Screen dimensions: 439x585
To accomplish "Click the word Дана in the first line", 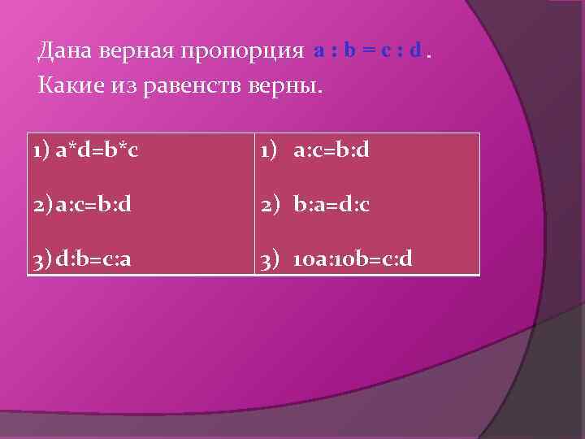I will [x=64, y=52].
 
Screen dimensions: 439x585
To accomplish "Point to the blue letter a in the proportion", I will [x=319, y=52].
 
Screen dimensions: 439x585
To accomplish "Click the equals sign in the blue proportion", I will [x=366, y=52].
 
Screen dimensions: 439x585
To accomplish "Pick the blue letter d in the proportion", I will [x=415, y=52].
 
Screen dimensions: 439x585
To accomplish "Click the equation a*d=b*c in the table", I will [x=95, y=151].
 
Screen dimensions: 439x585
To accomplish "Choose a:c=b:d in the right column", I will [x=331, y=151].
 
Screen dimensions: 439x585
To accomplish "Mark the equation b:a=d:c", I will [x=331, y=204].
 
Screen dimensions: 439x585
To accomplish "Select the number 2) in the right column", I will [x=270, y=204].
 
